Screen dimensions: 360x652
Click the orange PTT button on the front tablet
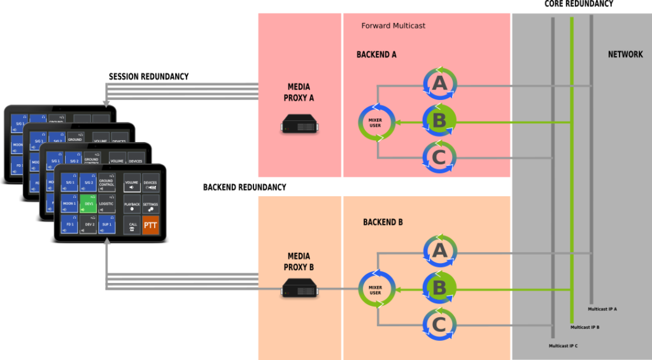(151, 225)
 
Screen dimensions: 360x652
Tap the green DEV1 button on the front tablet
(89, 204)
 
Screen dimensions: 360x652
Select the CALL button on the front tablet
(132, 225)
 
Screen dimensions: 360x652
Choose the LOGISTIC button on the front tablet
(106, 204)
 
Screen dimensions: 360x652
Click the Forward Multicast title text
(393, 25)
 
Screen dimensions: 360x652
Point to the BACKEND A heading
(376, 55)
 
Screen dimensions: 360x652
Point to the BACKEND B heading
(383, 222)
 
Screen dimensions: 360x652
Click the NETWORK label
(625, 55)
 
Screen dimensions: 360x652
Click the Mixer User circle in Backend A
(376, 122)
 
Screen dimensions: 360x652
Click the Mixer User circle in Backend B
(376, 290)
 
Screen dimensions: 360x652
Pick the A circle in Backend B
(439, 252)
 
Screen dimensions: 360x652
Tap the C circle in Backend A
(439, 157)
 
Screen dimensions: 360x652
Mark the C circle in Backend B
(439, 325)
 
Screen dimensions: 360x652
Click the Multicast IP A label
(602, 309)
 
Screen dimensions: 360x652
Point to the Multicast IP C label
(563, 346)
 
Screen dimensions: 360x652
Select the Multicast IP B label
(585, 328)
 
